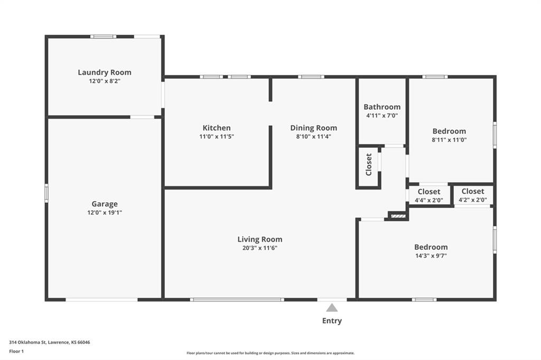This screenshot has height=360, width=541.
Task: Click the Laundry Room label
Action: (105, 72)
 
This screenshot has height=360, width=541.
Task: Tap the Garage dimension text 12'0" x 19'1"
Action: (105, 212)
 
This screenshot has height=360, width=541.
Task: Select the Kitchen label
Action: (217, 128)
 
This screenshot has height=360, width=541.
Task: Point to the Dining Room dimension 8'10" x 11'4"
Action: (314, 136)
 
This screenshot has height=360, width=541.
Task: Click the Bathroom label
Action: (382, 107)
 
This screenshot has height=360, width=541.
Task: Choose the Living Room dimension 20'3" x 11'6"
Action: (260, 248)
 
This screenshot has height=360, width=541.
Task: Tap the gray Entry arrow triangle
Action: (332, 308)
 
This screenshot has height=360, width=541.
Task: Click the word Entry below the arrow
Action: (332, 321)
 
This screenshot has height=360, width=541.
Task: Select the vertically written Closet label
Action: (368, 165)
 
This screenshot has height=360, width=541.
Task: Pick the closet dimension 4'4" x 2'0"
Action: (429, 200)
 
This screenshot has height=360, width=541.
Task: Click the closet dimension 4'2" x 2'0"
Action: (473, 200)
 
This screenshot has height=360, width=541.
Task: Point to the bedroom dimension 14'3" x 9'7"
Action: (431, 255)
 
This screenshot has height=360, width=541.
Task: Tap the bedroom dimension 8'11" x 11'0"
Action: (449, 140)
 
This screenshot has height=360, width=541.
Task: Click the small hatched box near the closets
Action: (398, 216)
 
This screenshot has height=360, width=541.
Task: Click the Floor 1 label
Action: (16, 352)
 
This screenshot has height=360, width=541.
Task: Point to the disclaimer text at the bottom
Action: (270, 353)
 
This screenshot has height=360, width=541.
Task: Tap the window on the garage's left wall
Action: (46, 193)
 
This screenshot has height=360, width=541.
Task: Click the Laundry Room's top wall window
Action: (104, 36)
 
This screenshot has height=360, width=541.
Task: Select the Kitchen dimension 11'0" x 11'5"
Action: (217, 136)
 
